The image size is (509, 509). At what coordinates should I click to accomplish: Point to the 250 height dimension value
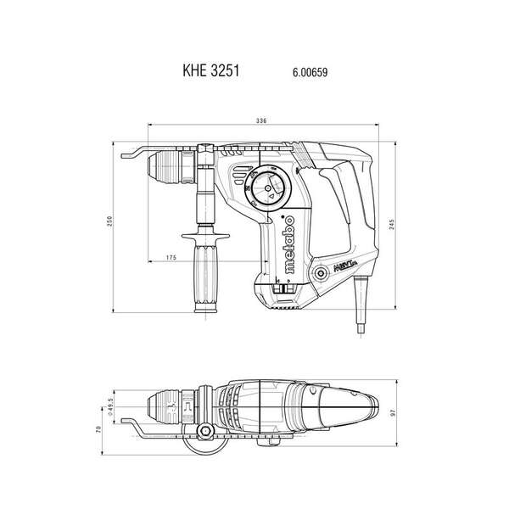click(x=109, y=221)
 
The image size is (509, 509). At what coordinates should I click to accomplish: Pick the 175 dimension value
click(x=171, y=257)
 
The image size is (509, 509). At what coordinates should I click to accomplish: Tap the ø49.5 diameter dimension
click(x=110, y=402)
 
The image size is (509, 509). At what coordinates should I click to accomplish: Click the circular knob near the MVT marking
click(x=322, y=273)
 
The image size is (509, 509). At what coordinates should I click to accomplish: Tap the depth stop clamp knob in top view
click(x=204, y=434)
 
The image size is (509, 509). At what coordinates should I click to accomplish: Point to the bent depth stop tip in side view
click(x=126, y=153)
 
